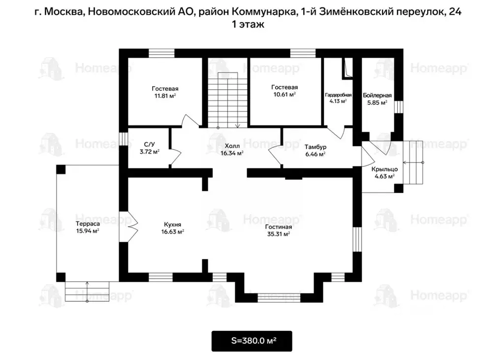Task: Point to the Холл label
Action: [x=232, y=146]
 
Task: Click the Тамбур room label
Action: [x=315, y=147]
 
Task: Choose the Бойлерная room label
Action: [x=377, y=95]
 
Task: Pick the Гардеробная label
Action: [x=338, y=95]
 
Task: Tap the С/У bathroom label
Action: [x=150, y=144]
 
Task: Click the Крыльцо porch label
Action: [x=384, y=169]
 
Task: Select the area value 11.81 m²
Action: [x=165, y=96]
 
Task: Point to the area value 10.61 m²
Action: [x=284, y=94]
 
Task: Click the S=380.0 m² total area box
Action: [x=252, y=340]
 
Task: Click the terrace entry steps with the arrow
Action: [x=88, y=290]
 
